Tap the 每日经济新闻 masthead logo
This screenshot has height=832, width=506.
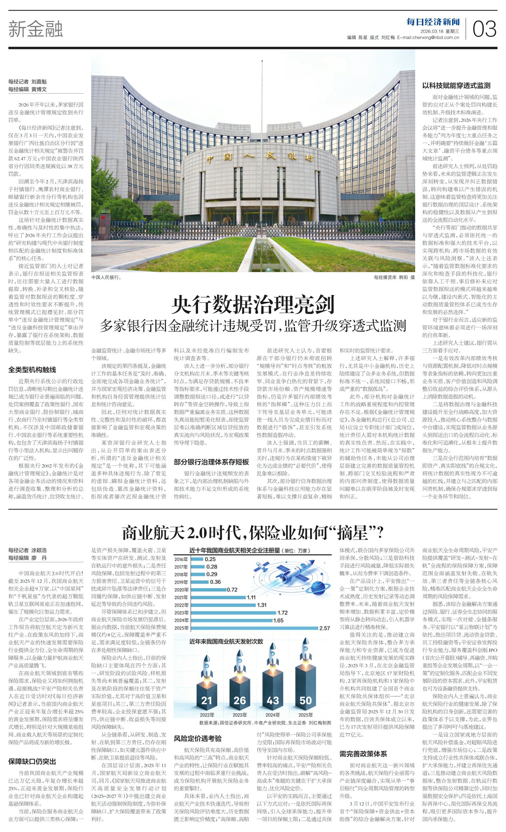pos(433,22)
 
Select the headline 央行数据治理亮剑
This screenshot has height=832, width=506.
pos(253,305)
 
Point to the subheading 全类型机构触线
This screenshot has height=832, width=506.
pos(32,369)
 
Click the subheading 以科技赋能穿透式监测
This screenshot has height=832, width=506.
pos(456,85)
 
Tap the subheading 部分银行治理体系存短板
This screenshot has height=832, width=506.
pos(211,462)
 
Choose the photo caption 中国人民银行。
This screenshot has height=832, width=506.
pos(106,278)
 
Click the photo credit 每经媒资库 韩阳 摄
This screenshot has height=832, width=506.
pos(394,278)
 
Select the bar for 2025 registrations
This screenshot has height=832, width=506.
pos(254,628)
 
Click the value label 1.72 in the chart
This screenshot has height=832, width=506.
pos(282,613)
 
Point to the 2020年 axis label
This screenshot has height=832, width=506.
pos(181,590)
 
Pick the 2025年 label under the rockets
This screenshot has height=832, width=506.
pos(306,715)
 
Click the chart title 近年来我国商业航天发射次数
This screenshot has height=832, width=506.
pos(226,641)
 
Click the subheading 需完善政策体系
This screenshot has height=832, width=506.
pos(363,753)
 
